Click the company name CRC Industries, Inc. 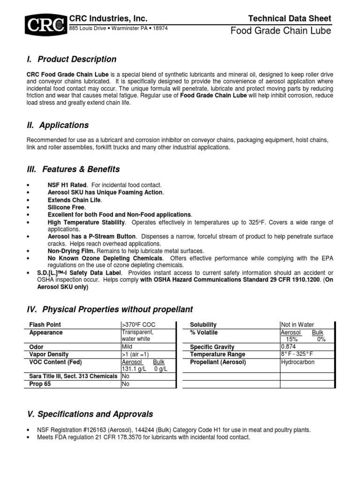pyautogui.click(x=108, y=18)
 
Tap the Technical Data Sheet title pyautogui.click(x=290, y=18)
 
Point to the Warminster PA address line pyautogui.click(x=118, y=28)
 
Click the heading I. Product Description pyautogui.click(x=71, y=59)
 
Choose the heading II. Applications pyautogui.click(x=58, y=125)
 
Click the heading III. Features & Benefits pyautogui.click(x=74, y=169)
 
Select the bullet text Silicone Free pyautogui.click(x=66, y=207)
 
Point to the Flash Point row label pyautogui.click(x=45, y=325)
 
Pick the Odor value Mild pyautogui.click(x=127, y=347)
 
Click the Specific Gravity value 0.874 pyautogui.click(x=289, y=347)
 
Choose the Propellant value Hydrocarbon pyautogui.click(x=298, y=362)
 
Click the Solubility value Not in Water pyautogui.click(x=297, y=325)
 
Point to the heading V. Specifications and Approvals pyautogui.click(x=89, y=414)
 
